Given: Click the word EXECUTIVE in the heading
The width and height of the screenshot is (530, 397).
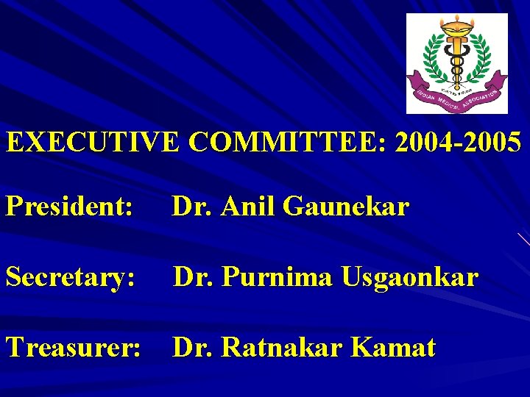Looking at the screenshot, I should point(93,142).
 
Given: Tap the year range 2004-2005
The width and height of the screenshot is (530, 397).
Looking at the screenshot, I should point(458,142).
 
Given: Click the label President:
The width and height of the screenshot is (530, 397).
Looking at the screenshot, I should point(69,207).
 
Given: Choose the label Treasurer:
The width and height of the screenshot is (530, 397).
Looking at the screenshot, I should point(73,347).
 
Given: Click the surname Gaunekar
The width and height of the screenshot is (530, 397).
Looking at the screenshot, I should point(345,207).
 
